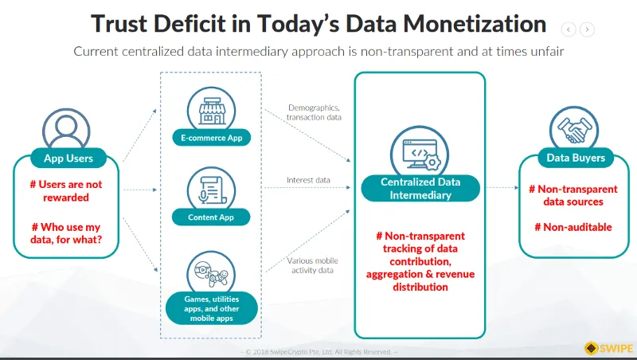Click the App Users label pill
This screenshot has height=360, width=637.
pyautogui.click(x=68, y=158)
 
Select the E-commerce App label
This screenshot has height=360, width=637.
pyautogui.click(x=211, y=138)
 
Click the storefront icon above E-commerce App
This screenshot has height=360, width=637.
pyautogui.click(x=211, y=111)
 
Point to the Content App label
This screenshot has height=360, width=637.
pyautogui.click(x=211, y=217)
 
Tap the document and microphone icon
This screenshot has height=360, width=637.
pyautogui.click(x=211, y=190)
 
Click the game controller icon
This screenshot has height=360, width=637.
pyautogui.click(x=211, y=272)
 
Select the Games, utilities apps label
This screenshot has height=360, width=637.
pyautogui.click(x=212, y=308)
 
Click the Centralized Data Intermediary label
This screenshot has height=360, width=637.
pyautogui.click(x=420, y=189)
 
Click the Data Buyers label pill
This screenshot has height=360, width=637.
pyautogui.click(x=576, y=158)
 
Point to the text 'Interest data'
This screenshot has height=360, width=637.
pyautogui.click(x=308, y=180)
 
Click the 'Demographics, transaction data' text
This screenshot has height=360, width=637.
pyautogui.click(x=314, y=112)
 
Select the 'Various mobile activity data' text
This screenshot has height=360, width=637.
pyautogui.click(x=312, y=265)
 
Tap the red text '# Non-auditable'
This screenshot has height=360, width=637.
pyautogui.click(x=573, y=227)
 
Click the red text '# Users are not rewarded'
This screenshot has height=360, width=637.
pyautogui.click(x=66, y=191)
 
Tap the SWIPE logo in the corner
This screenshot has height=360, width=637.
pyautogui.click(x=608, y=348)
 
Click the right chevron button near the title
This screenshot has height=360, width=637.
pyautogui.click(x=587, y=29)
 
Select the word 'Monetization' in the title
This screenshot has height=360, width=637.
pyautogui.click(x=475, y=24)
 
